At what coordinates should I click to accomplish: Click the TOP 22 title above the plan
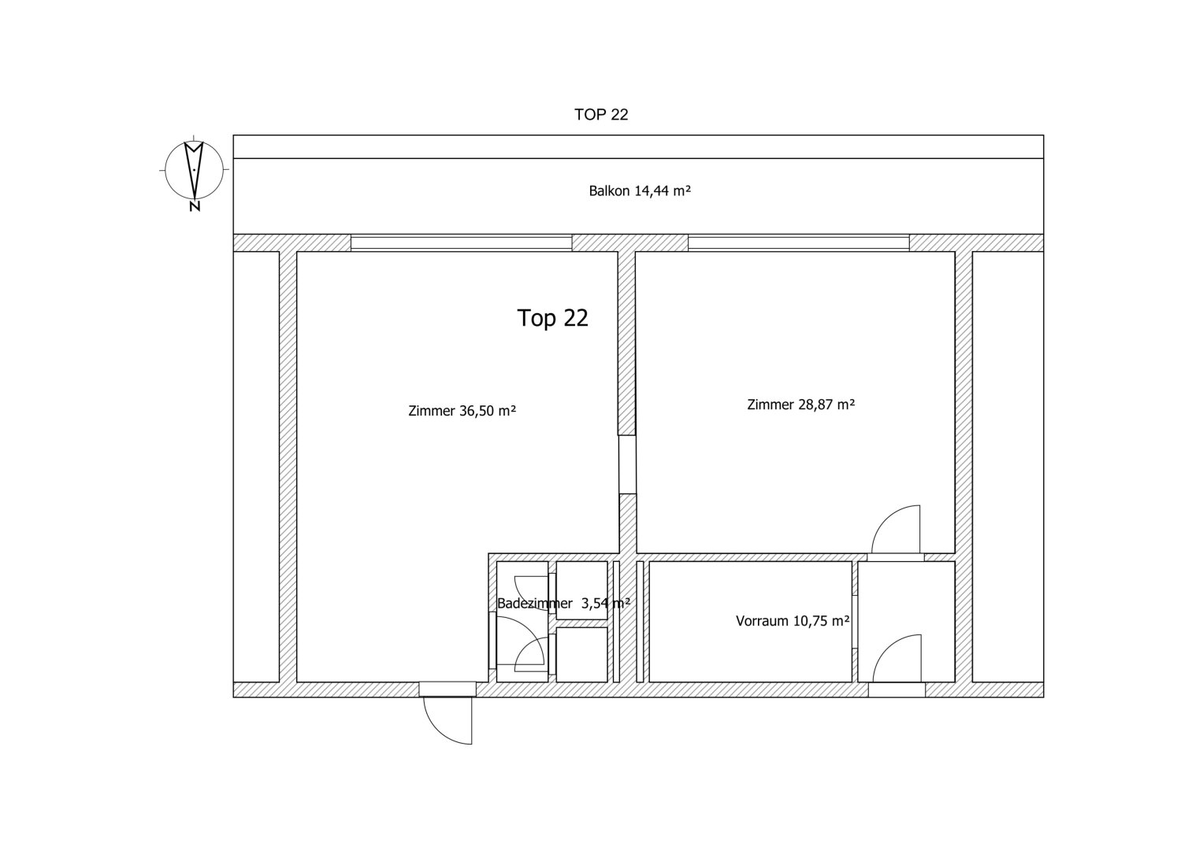point(601,115)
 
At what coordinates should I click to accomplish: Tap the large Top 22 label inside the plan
point(552,318)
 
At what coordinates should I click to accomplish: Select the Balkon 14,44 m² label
point(640,191)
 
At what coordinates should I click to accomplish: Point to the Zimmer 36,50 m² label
point(462,411)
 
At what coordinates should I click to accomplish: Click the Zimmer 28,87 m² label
point(800,405)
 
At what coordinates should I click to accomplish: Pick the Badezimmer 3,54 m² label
point(563,603)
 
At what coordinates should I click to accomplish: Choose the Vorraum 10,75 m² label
point(793,621)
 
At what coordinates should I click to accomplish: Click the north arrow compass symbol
point(194,169)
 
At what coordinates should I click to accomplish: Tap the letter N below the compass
point(195,206)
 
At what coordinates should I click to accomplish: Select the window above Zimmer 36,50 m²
point(462,242)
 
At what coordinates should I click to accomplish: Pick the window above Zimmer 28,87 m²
point(799,242)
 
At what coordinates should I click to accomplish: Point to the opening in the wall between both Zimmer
point(627,464)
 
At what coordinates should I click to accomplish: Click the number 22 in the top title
point(618,115)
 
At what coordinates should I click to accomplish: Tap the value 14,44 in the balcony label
point(652,191)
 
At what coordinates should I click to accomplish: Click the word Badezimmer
point(535,603)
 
